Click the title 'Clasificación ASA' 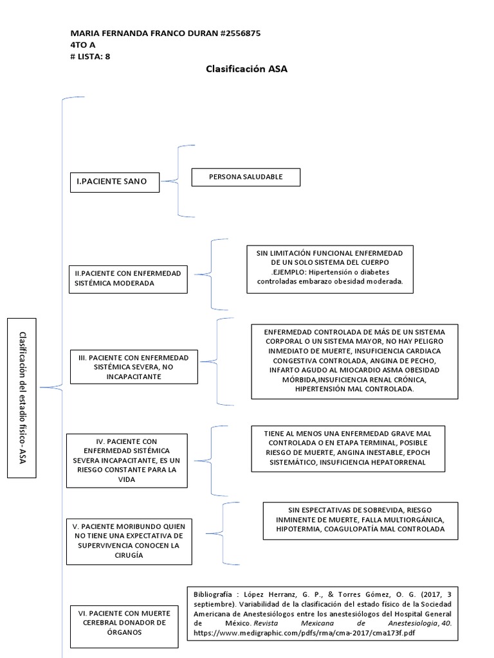click(246, 69)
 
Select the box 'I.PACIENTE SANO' click(114, 182)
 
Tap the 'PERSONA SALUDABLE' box click(246, 177)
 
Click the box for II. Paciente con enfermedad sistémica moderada click(127, 278)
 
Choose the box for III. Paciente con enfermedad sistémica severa click(134, 366)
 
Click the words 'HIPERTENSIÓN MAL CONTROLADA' click(354, 389)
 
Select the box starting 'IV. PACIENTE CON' click(127, 460)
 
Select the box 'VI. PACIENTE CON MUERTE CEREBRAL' click(126, 623)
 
